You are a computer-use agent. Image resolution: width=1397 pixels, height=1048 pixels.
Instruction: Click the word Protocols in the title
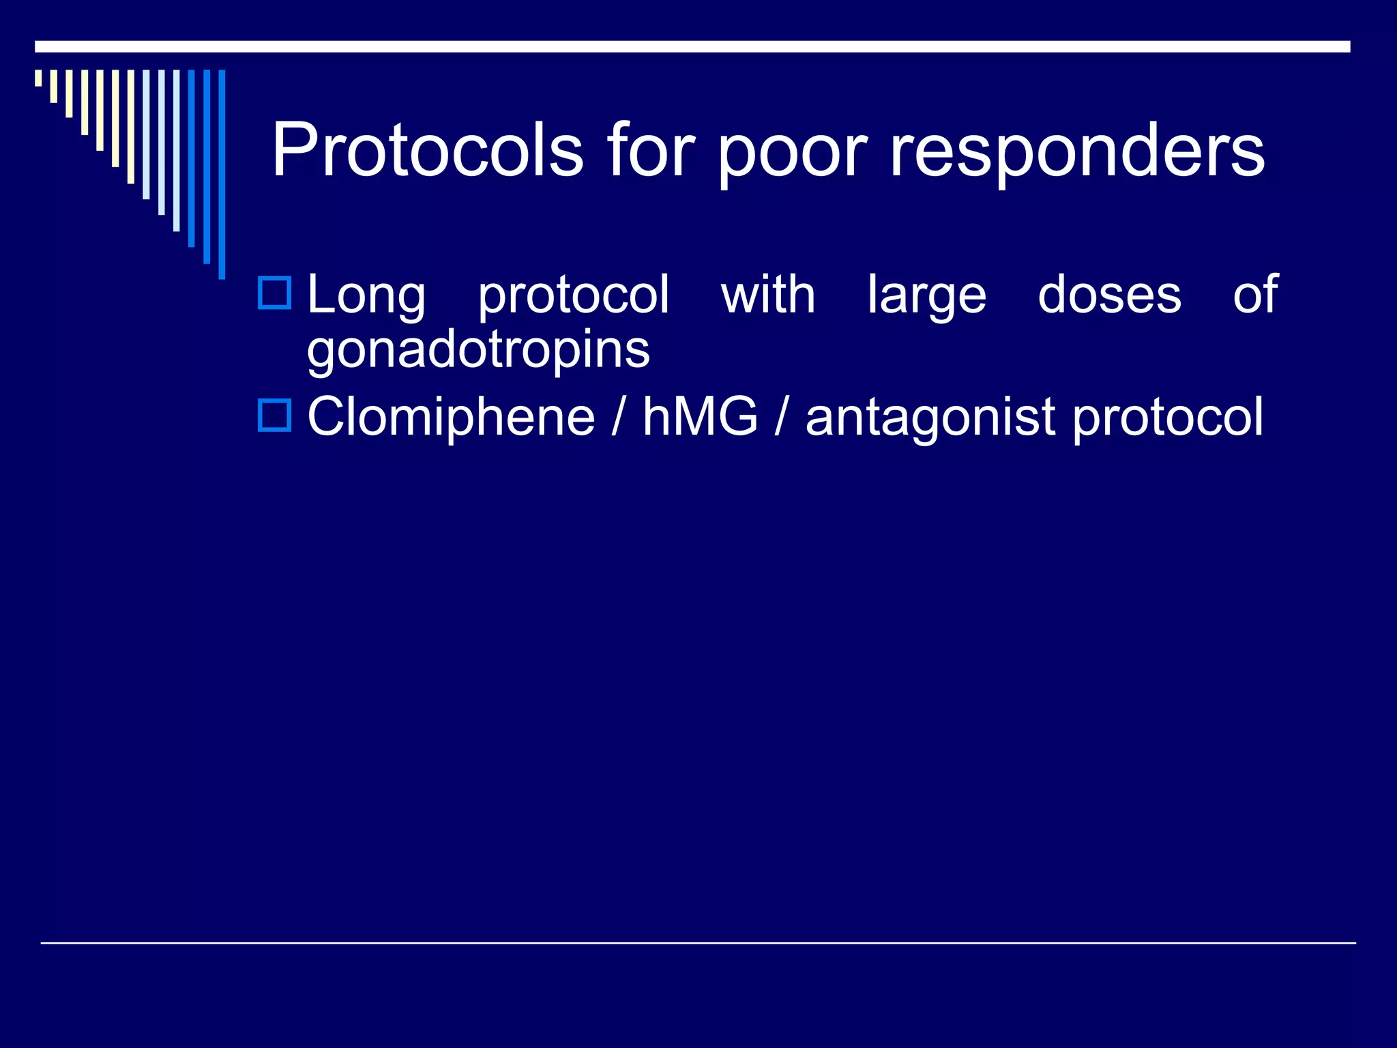[428, 149]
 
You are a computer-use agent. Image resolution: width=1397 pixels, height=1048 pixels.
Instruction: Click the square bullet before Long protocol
[274, 293]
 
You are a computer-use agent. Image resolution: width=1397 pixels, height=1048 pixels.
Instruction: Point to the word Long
[366, 296]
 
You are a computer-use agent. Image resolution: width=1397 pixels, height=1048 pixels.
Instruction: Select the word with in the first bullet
[768, 295]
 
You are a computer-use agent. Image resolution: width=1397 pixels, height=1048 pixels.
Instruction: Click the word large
[927, 296]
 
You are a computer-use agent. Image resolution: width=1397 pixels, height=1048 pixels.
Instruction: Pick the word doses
[1109, 295]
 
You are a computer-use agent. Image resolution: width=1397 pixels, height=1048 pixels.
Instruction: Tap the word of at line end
[1254, 295]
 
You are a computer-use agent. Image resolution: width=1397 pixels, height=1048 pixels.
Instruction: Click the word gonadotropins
[478, 351]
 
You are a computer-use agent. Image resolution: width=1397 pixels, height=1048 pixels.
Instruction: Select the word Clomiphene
[451, 418]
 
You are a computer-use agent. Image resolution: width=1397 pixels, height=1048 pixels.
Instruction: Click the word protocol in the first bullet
[573, 296]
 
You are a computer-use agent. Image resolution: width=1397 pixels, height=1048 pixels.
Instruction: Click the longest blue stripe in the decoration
[222, 174]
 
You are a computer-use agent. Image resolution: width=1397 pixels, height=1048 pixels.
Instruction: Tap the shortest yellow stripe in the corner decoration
[39, 78]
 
